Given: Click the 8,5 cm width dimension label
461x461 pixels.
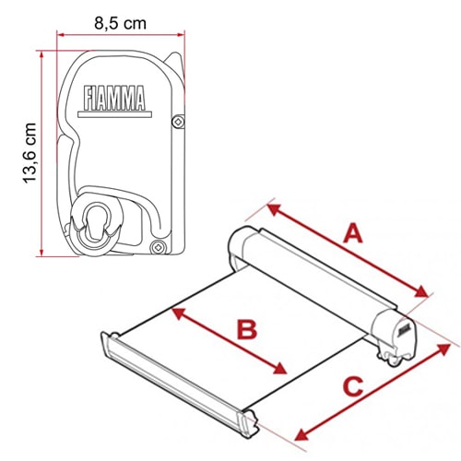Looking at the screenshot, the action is tap(120, 24).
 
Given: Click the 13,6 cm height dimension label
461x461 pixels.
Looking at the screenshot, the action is tap(30, 153).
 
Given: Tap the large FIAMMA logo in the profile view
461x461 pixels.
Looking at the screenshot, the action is tap(114, 98).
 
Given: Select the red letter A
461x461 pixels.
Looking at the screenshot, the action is tap(353, 233).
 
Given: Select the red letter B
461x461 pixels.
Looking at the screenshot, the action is tap(247, 329).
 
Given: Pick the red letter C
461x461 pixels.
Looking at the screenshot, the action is tap(353, 386).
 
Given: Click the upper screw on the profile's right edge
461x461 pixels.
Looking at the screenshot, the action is tap(178, 122).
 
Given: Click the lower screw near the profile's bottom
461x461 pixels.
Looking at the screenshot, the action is tap(159, 247).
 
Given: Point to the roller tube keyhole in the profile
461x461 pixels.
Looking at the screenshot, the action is tap(95, 220).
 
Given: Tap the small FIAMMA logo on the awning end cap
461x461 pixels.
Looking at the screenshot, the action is tap(404, 330).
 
